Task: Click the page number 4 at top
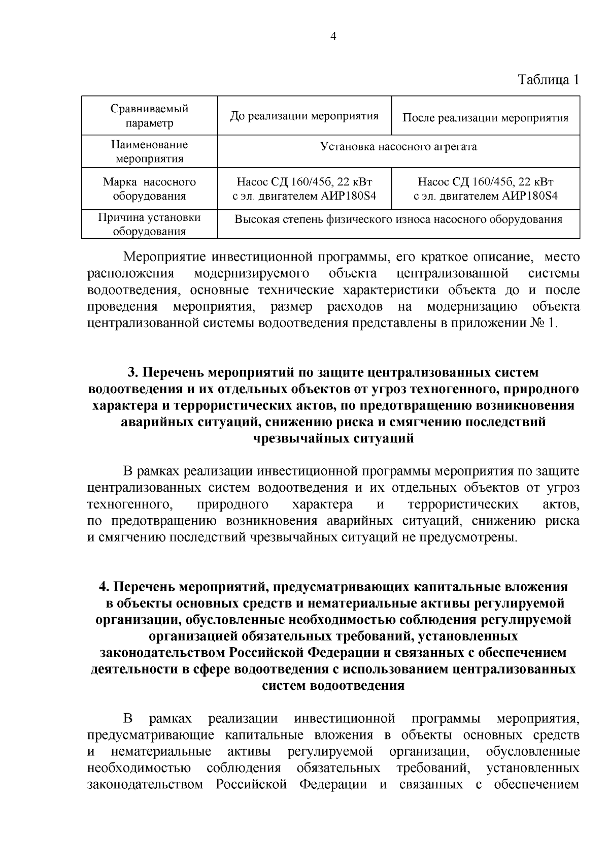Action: click(333, 36)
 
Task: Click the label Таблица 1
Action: click(548, 80)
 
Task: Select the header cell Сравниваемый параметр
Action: click(149, 116)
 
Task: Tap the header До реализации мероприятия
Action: click(304, 116)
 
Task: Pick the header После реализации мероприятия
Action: click(485, 118)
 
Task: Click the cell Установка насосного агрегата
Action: click(398, 147)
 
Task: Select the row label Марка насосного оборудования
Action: click(149, 189)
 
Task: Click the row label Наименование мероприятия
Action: click(149, 151)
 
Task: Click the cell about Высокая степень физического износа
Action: click(398, 219)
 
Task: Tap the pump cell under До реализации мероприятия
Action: click(304, 189)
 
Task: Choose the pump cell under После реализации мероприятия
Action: click(485, 189)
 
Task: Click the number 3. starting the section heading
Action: click(132, 372)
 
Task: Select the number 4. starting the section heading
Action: click(104, 587)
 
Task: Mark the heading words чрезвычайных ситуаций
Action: click(333, 438)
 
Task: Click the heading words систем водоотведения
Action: click(333, 686)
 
